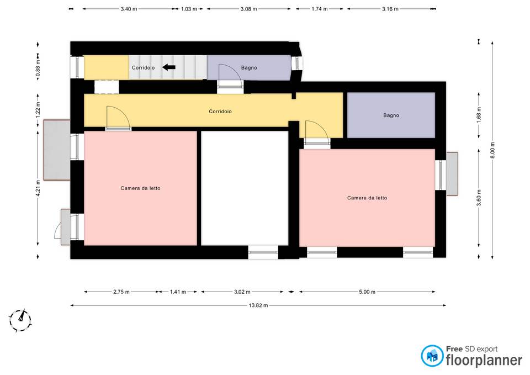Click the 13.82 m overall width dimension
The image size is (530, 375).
click(258, 305)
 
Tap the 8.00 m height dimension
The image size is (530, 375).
click(492, 150)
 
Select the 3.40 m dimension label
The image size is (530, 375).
click(129, 9)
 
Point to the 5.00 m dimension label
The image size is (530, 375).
click(367, 292)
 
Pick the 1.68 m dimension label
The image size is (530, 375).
click(479, 115)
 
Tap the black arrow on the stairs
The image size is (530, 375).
click(169, 67)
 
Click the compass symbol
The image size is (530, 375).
click(20, 320)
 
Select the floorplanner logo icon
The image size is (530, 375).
click(432, 356)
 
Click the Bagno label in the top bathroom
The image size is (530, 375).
click(249, 67)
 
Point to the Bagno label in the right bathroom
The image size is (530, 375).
click(391, 115)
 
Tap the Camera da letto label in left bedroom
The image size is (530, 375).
click(141, 188)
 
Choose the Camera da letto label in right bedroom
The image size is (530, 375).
click(367, 198)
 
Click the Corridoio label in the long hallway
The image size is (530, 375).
click(220, 111)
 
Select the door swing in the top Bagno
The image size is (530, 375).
click(230, 76)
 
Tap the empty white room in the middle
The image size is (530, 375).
click(245, 188)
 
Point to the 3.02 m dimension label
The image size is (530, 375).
click(242, 292)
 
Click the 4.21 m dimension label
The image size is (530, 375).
click(38, 188)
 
